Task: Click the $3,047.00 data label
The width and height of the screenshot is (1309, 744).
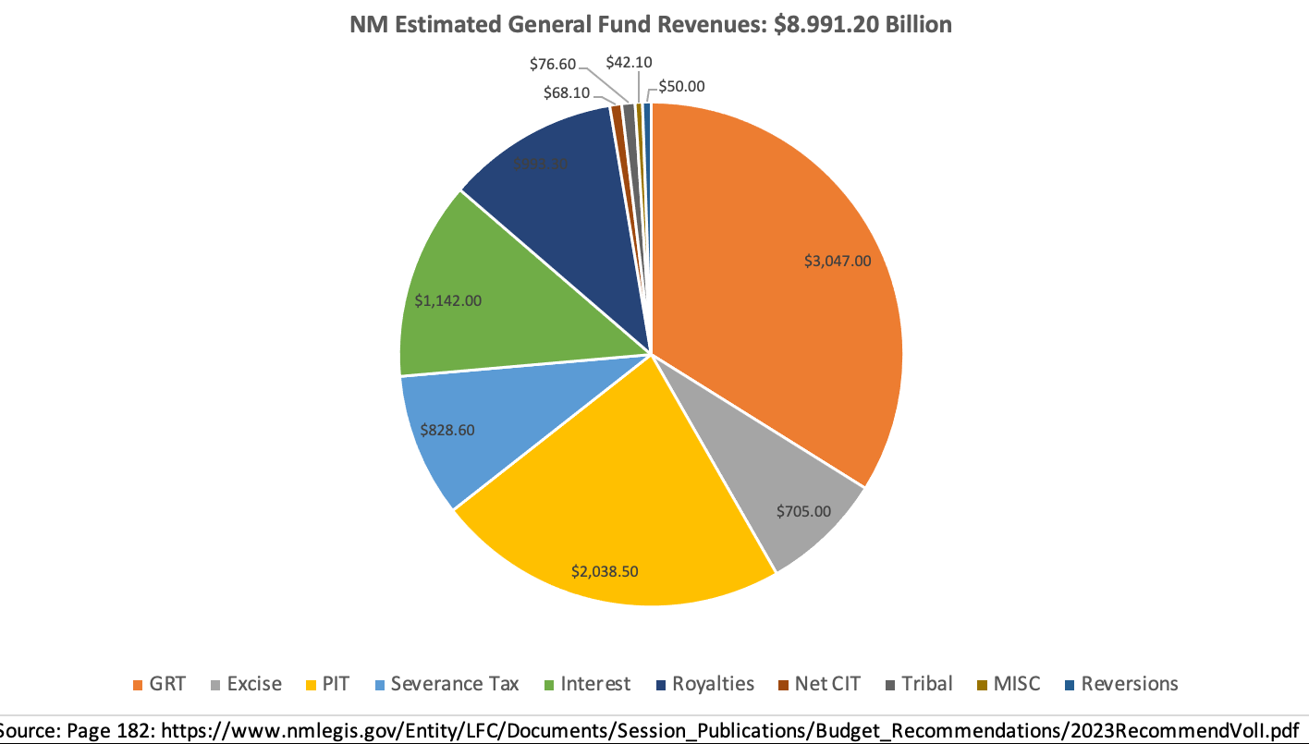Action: coord(838,261)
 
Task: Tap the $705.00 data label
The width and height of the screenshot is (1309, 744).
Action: coord(803,510)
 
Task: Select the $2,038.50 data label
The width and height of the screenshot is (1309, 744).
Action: coord(605,571)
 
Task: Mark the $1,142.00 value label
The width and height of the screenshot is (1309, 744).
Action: coord(447,300)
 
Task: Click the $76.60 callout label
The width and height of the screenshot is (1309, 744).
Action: coord(553,64)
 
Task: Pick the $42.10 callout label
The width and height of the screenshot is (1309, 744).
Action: coord(630,62)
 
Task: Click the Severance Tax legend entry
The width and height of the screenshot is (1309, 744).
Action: coord(445,684)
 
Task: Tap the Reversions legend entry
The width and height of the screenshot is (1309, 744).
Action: coord(1120,684)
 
